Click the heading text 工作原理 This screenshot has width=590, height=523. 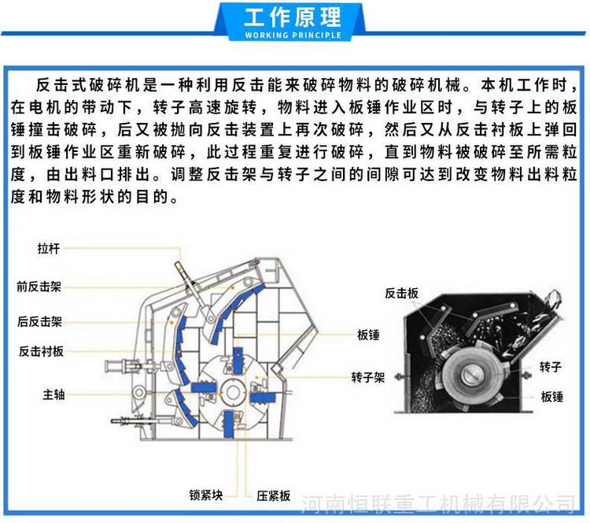[293, 17]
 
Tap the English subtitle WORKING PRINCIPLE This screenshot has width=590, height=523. [293, 35]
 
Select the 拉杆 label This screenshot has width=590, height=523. [49, 249]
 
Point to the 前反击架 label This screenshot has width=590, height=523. [39, 287]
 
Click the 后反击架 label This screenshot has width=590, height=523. [39, 321]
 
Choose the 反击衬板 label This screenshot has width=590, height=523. [41, 351]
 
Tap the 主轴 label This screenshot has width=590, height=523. [53, 395]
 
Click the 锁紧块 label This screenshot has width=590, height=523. [206, 495]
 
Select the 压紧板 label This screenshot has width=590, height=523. [274, 495]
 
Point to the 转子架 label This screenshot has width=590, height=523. [367, 377]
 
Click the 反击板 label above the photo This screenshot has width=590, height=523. [401, 293]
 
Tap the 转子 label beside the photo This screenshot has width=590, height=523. [551, 366]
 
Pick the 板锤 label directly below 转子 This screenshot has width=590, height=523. [552, 396]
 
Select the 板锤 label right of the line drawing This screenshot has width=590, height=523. [368, 335]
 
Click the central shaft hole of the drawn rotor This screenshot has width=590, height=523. [233, 392]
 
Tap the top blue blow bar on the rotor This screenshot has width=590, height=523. [238, 361]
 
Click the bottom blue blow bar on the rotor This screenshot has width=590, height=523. [228, 425]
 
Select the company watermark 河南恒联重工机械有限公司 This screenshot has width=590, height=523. [438, 503]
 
